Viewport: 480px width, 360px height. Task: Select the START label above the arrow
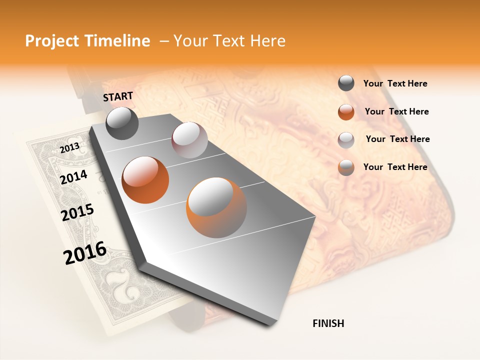(118, 96)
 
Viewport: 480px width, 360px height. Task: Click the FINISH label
(328, 323)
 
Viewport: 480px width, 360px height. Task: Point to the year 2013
(69, 148)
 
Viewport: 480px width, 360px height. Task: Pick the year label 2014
(74, 177)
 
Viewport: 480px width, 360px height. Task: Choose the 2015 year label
(77, 212)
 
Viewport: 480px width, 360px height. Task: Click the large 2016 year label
(85, 253)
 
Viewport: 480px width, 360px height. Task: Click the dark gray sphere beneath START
(122, 123)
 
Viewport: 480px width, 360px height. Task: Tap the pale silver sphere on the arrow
(189, 140)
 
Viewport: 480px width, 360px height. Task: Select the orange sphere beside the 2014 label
(145, 179)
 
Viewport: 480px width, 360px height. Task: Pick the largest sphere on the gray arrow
(216, 207)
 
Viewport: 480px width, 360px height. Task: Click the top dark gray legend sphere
(346, 83)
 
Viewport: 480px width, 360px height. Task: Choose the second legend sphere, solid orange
(346, 111)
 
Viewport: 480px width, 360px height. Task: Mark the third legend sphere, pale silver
(346, 139)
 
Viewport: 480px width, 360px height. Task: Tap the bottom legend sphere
(346, 167)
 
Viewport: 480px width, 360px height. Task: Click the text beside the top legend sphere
(395, 84)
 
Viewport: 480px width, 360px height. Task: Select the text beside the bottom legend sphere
(395, 167)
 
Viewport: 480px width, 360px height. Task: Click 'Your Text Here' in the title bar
(229, 41)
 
